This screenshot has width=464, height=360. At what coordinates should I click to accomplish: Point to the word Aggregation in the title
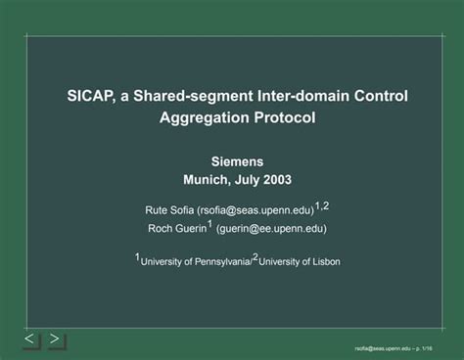pos(201,118)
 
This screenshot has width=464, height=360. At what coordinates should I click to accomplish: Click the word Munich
pos(207,180)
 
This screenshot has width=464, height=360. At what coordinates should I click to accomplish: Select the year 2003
pos(276,180)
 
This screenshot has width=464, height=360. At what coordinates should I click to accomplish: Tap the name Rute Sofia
pos(168,209)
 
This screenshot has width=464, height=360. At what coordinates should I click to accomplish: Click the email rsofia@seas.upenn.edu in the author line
pos(255,209)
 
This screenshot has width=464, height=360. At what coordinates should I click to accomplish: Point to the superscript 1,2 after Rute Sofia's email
pos(322,205)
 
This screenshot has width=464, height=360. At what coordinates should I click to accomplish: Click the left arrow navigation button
pos(29,339)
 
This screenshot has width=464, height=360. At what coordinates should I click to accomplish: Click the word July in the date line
pos(246,180)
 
